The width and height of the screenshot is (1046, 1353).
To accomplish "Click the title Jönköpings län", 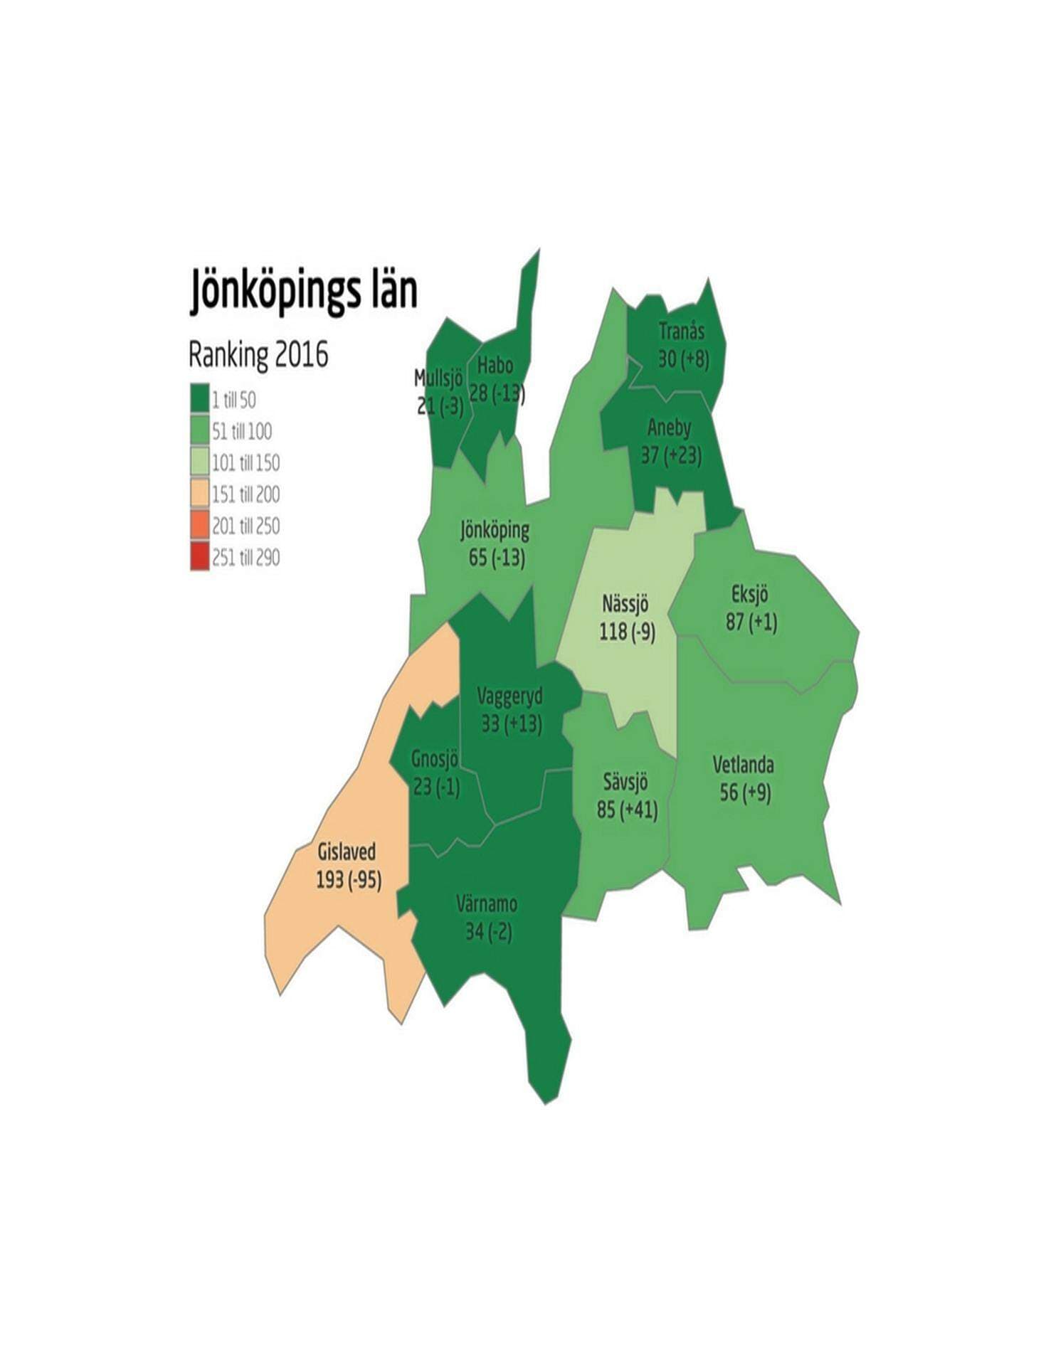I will coord(303,291).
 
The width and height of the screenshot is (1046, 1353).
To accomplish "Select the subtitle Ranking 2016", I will coord(258,355).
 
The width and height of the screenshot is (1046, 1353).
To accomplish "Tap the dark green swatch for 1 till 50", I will coord(200,398).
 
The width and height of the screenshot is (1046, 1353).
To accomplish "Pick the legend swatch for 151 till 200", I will coord(200,493).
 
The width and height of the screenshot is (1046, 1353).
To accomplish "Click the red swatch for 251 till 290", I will coord(200,556).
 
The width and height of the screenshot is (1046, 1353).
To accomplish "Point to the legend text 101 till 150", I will coord(245,462).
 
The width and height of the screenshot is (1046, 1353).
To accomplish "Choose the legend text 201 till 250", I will coord(245,526).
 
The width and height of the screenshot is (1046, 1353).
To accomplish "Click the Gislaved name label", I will coord(347,851).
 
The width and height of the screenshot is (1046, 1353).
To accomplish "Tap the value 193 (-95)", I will coord(349,880).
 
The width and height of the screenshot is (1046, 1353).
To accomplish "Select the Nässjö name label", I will coord(625,604).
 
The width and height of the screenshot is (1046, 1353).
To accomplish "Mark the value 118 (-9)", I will coord(627,631).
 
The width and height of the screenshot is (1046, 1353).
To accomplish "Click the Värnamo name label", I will coord(487,904).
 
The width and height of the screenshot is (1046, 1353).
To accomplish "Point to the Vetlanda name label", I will coord(744,765).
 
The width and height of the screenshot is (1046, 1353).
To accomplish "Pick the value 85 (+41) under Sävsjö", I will coord(627,810).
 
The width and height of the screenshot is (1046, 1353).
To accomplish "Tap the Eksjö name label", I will coord(750,594).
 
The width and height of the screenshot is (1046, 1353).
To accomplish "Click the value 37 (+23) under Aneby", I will coord(671,455).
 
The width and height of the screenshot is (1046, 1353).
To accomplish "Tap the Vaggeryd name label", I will coord(509,696).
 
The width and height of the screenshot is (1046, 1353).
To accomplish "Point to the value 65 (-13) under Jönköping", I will coord(497,557).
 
